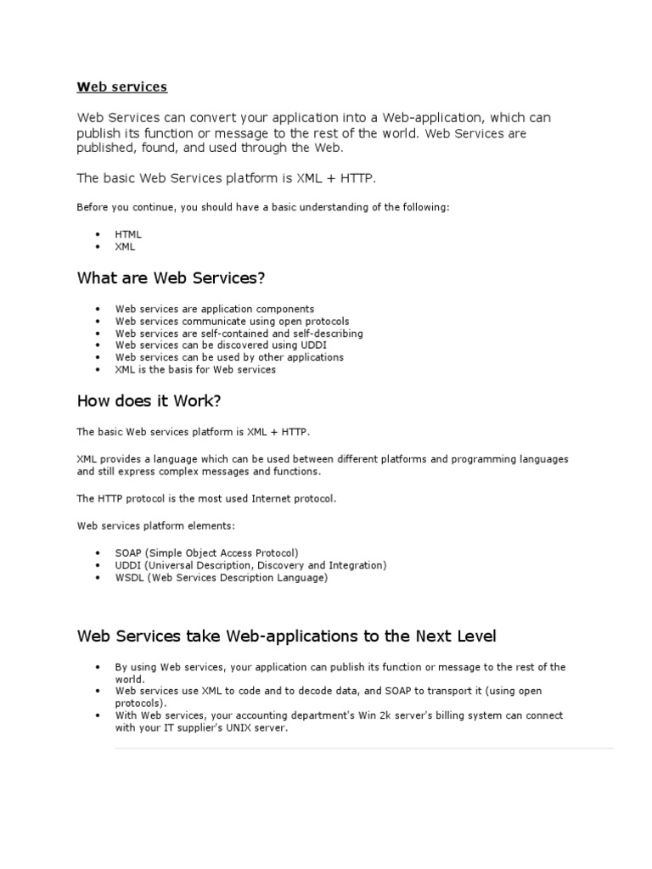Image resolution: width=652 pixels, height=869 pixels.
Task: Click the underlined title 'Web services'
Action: pyautogui.click(x=122, y=87)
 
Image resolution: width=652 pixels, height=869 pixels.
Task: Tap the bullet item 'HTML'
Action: pyautogui.click(x=128, y=233)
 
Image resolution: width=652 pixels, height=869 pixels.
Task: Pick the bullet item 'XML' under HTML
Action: pyautogui.click(x=125, y=246)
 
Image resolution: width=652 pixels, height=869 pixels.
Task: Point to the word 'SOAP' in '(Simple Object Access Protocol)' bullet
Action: pyautogui.click(x=128, y=552)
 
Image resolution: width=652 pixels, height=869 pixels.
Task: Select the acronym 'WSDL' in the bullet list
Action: pyautogui.click(x=130, y=577)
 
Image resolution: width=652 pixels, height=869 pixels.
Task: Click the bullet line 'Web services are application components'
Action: pyautogui.click(x=215, y=309)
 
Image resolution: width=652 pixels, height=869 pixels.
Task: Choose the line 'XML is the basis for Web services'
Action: pyautogui.click(x=195, y=369)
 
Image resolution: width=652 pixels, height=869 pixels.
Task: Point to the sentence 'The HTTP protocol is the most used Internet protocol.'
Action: pyautogui.click(x=206, y=498)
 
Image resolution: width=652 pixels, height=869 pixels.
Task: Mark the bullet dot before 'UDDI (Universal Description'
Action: pyautogui.click(x=98, y=565)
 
